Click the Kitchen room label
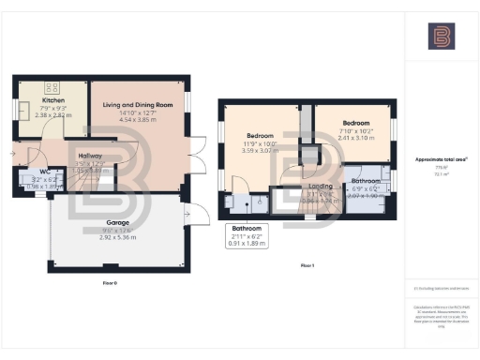pyautogui.click(x=52, y=98)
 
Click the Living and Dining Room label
pyautogui.click(x=137, y=106)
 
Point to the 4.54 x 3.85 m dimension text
pyautogui.click(x=137, y=121)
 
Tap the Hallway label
pyautogui.click(x=90, y=156)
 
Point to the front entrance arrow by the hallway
pyautogui.click(x=13, y=148)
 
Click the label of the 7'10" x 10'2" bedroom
pyautogui.click(x=355, y=124)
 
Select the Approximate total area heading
pyautogui.click(x=441, y=159)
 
